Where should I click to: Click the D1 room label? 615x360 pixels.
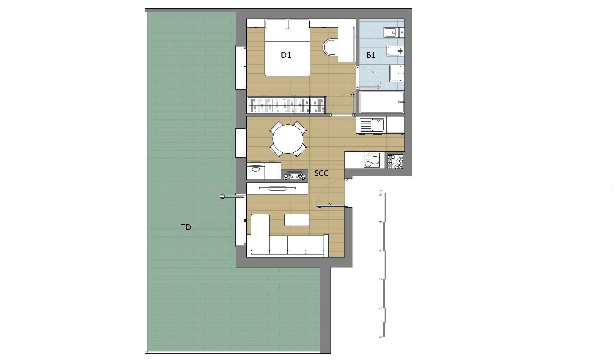tap(286, 55)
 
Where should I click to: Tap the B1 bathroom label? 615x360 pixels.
tap(371, 55)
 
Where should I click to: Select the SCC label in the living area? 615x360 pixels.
tap(322, 173)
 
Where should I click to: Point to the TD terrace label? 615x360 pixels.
tap(186, 227)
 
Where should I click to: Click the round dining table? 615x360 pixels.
tap(288, 139)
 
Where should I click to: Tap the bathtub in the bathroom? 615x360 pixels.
tap(382, 102)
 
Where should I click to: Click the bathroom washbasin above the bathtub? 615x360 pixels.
tap(397, 73)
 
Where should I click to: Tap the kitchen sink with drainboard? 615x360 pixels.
tap(372, 125)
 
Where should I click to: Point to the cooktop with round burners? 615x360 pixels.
tap(372, 160)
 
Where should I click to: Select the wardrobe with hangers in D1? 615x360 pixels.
tap(287, 105)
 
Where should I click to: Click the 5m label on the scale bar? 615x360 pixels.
tap(381, 193)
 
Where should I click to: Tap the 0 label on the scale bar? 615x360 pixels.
tap(381, 336)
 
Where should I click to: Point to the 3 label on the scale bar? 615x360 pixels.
tap(381, 251)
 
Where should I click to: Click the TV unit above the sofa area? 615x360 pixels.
tap(277, 188)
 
